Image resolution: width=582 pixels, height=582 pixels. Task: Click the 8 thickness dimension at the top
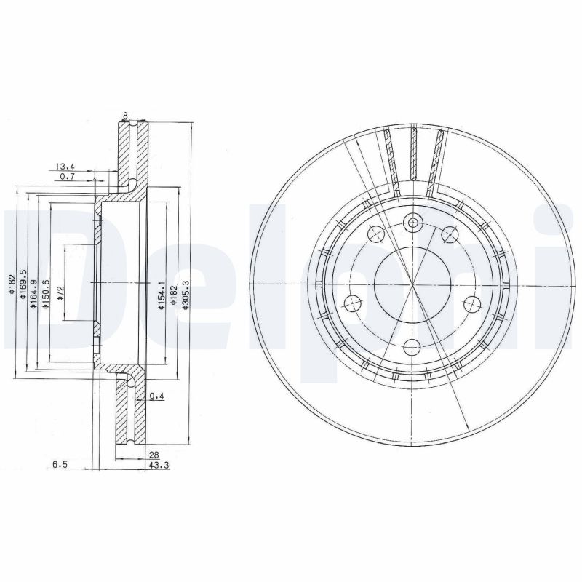tap(126, 114)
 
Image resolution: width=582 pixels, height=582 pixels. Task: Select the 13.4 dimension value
tap(65, 166)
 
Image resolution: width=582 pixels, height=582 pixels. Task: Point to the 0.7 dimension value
tap(67, 177)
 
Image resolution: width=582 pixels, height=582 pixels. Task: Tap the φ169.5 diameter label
tap(23, 283)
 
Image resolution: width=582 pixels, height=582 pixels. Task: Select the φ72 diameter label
tap(60, 290)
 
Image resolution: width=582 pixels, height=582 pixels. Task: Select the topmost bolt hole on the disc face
tap(413, 223)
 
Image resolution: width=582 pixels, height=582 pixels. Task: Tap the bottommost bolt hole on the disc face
tap(412, 346)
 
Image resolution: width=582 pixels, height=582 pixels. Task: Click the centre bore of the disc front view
tap(412, 284)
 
